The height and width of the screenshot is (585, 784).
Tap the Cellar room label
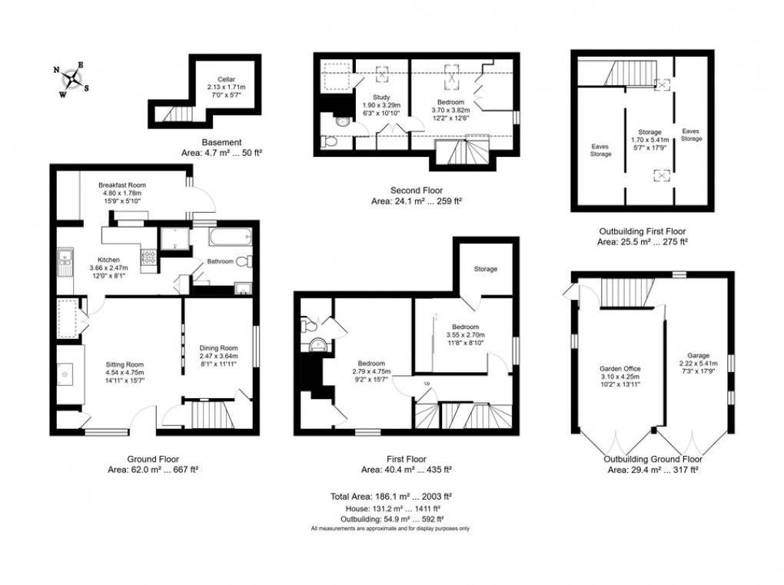[x=225, y=79]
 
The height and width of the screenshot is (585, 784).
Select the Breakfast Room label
[x=121, y=185]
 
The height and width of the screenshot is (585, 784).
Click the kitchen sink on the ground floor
[x=61, y=264]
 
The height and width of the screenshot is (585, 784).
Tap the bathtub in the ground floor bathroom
[x=222, y=237]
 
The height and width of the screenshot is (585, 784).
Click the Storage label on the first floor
[x=485, y=269]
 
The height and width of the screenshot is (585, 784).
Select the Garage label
[x=698, y=355]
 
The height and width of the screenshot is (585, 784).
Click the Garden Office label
[x=620, y=368]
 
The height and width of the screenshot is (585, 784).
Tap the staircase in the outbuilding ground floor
[x=624, y=292]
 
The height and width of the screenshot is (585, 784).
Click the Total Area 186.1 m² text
[x=391, y=496]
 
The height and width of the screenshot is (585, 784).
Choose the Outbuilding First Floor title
[x=642, y=231]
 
